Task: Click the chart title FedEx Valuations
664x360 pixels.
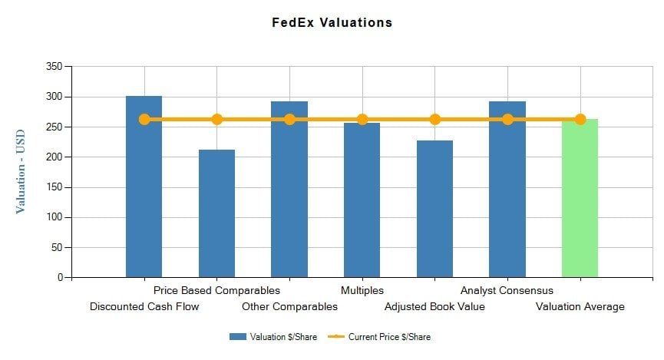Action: (332, 22)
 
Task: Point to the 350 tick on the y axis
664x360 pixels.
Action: (54, 67)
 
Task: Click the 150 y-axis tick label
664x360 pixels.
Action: (54, 187)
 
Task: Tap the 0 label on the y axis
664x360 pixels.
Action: (59, 278)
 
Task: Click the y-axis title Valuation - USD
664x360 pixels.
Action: (21, 171)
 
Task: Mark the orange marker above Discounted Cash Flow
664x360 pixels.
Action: (144, 119)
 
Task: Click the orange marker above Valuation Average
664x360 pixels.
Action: (580, 119)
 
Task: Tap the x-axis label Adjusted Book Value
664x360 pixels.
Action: (434, 307)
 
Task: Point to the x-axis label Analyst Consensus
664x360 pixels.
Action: (507, 291)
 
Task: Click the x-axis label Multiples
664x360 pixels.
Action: (362, 291)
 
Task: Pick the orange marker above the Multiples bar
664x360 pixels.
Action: (362, 119)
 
